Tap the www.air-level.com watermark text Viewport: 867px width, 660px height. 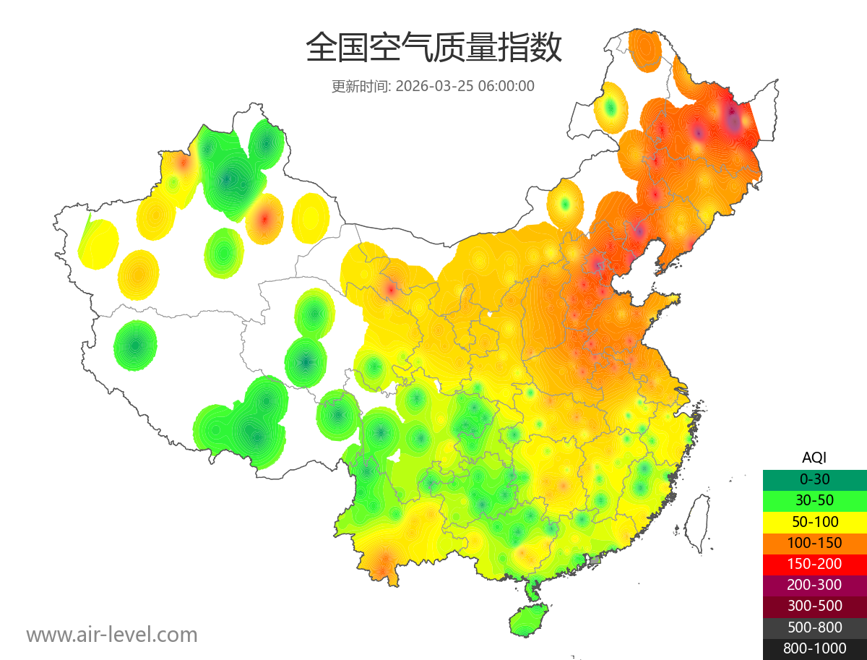click(x=112, y=635)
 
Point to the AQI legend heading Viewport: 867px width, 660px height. click(x=814, y=458)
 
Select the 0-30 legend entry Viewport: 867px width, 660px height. click(x=814, y=479)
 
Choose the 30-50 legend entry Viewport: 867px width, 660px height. click(x=814, y=500)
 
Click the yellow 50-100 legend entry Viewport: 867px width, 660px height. click(x=814, y=521)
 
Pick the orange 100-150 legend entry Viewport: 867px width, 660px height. click(x=814, y=542)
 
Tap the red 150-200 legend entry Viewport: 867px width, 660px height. click(x=814, y=563)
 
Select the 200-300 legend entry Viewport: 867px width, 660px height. click(x=814, y=584)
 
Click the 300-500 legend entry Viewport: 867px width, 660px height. click(x=814, y=606)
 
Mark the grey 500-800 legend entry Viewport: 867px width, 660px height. click(x=814, y=627)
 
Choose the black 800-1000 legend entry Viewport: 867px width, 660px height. click(x=814, y=648)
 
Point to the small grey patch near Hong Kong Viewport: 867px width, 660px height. click(x=595, y=560)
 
